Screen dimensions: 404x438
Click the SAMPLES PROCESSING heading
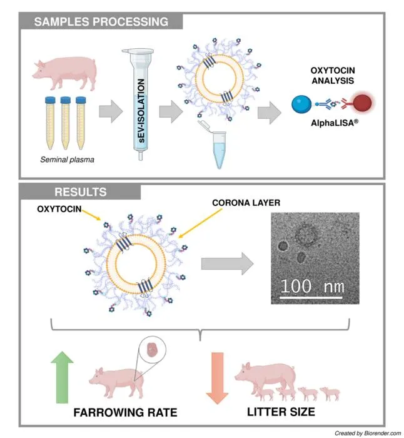[x=101, y=22]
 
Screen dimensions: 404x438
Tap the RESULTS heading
[x=81, y=192]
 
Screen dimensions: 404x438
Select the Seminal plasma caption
[x=67, y=160]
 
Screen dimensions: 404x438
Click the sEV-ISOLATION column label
[x=141, y=111]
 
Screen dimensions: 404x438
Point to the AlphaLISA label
[x=335, y=123]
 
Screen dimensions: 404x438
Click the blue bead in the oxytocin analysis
[x=301, y=104]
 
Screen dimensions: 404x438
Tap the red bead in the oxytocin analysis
[x=363, y=103]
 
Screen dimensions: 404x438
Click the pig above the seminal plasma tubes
[x=65, y=73]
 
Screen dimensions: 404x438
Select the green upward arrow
[x=62, y=377]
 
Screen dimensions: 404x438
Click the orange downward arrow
[x=218, y=378]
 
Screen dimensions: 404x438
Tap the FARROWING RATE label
[x=125, y=412]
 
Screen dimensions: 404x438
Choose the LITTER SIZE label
[x=281, y=412]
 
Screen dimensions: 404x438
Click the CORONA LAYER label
[x=246, y=203]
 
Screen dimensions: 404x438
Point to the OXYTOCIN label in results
[x=59, y=209]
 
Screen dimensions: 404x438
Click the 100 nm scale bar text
[x=313, y=286]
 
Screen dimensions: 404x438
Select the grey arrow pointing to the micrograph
[x=227, y=263]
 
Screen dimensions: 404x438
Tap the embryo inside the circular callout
[x=153, y=349]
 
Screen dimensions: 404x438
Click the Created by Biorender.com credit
[x=368, y=433]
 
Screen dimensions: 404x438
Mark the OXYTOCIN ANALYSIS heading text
[x=333, y=76]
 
